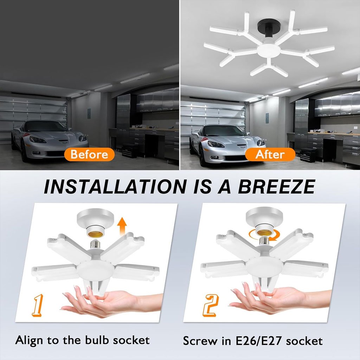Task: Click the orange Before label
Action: (x=89, y=154)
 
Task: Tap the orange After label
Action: (x=270, y=154)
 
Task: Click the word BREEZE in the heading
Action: (x=276, y=186)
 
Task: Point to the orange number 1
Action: (x=38, y=305)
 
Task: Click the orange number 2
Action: (x=210, y=306)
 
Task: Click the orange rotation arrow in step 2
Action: (x=263, y=235)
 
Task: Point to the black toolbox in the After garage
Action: (x=308, y=155)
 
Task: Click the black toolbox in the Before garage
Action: (x=129, y=151)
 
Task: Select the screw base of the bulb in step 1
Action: (x=95, y=244)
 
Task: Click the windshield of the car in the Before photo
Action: (x=44, y=127)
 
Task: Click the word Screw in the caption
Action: (x=200, y=341)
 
